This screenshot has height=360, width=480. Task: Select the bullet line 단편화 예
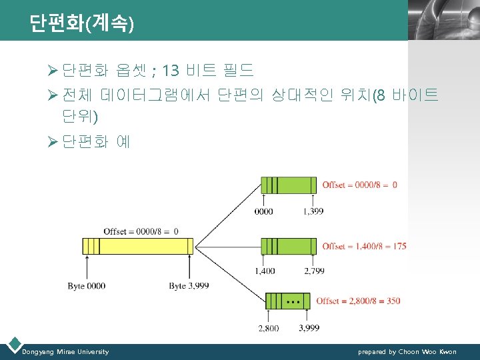[97, 141]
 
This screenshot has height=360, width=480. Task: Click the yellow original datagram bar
[138, 246]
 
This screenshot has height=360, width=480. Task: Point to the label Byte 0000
[86, 285]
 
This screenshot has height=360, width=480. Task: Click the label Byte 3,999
[189, 285]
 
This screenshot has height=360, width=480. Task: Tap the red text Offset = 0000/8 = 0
[359, 185]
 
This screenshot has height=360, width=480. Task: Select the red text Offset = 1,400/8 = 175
[364, 246]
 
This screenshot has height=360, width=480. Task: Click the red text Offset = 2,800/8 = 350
[358, 301]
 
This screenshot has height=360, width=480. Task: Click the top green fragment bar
[289, 185]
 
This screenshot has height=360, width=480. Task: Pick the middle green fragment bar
[289, 246]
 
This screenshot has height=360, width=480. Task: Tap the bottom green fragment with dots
[288, 301]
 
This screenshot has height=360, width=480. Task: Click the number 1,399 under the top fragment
[313, 211]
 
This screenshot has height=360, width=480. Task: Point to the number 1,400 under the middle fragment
[264, 272]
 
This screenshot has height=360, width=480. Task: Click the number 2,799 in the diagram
[314, 272]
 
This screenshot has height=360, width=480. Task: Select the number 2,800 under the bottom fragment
[268, 328]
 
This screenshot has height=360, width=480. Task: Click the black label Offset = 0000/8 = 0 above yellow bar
[141, 231]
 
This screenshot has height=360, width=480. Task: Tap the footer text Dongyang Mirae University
[65, 351]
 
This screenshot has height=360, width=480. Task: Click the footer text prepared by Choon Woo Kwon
[407, 351]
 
